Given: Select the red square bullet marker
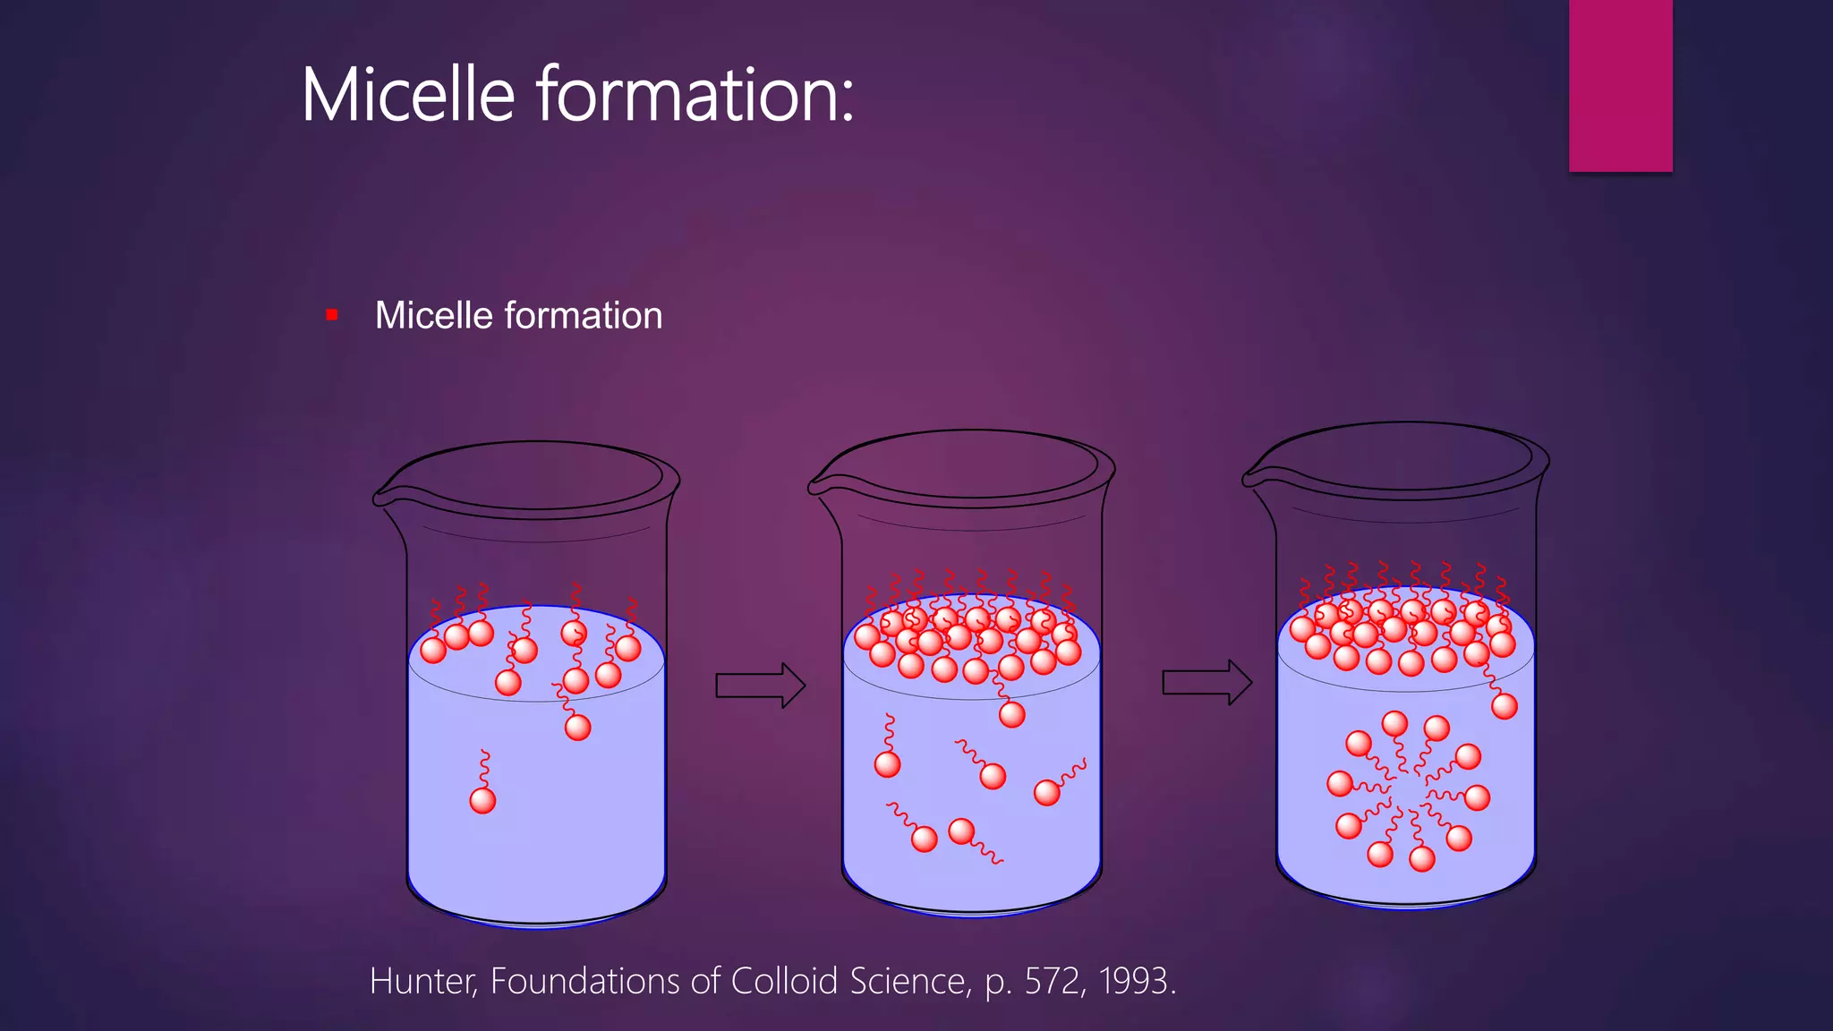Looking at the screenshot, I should coord(332,315).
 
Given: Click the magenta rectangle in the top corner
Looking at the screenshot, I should coord(1620,85).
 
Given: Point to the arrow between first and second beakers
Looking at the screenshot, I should coord(760,686).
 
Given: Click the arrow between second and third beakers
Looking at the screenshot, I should coord(1206,683).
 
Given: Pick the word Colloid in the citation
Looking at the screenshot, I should coord(785,982).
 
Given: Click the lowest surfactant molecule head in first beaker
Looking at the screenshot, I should coord(482,800).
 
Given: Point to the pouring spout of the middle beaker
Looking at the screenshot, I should coord(816,486).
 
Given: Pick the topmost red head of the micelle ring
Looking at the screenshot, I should coord(1394,723).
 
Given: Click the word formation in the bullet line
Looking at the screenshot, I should coord(584,316).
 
